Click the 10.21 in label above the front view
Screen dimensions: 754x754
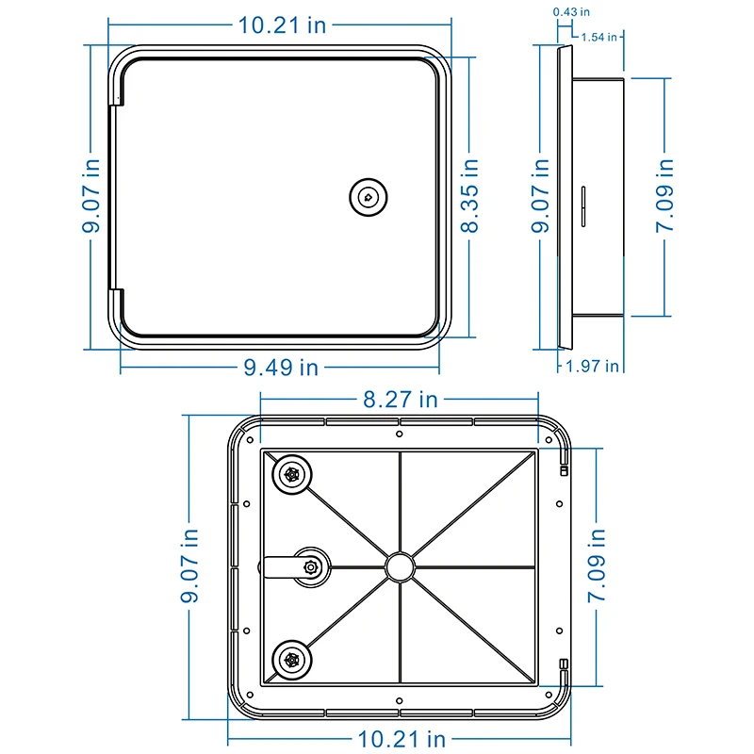click(x=282, y=25)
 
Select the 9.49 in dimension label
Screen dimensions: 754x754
click(x=281, y=368)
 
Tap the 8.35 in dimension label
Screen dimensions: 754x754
click(x=469, y=196)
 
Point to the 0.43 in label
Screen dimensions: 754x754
click(x=571, y=12)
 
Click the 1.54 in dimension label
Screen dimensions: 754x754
click(x=599, y=37)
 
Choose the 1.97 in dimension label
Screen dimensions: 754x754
click(x=592, y=367)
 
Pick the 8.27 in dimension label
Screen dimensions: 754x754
click(x=401, y=399)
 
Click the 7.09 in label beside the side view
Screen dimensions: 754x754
click(x=664, y=196)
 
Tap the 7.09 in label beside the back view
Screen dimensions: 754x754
click(x=597, y=565)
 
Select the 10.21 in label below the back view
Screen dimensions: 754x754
click(x=402, y=739)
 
